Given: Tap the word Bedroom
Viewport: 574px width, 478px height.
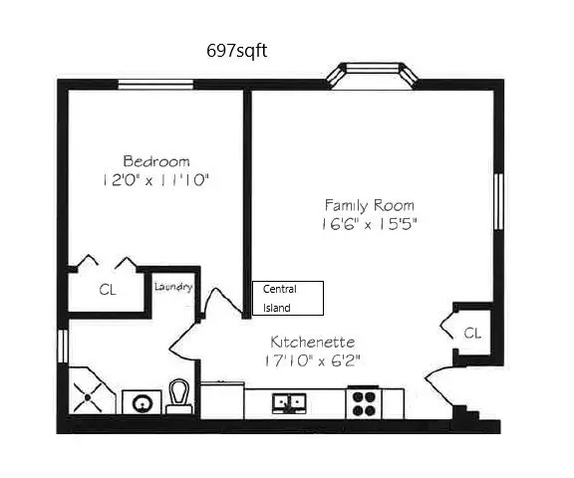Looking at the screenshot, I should [x=156, y=160].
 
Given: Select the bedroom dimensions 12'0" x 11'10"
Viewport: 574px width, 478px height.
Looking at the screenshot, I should [x=156, y=180].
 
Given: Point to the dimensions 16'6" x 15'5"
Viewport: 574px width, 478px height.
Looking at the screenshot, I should [x=369, y=224].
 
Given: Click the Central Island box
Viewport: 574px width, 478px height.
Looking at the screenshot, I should [x=288, y=298].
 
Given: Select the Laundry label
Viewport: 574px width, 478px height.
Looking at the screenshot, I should [x=172, y=287].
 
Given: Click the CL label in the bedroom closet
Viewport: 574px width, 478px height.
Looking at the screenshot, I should [x=107, y=291].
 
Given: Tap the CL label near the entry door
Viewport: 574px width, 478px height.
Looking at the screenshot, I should [x=473, y=333].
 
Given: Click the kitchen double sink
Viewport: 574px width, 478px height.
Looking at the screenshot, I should [x=289, y=402].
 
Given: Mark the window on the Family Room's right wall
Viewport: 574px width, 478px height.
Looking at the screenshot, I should [x=498, y=206].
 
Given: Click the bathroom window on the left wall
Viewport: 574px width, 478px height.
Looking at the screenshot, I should [x=62, y=346].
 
